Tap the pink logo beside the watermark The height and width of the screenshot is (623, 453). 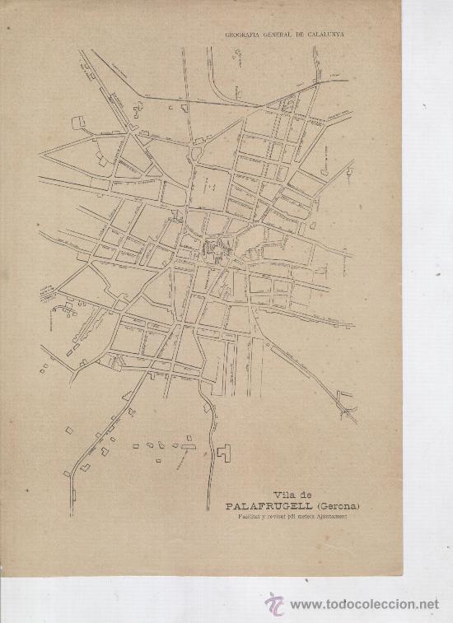coord(273,603)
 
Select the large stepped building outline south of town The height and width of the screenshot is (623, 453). coord(224,452)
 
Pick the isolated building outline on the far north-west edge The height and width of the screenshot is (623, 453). coord(79,123)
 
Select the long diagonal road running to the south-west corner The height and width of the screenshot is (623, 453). coord(107,428)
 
